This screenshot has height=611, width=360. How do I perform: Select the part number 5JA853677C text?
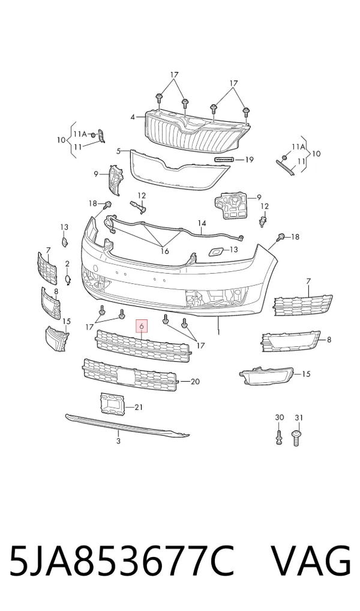coord(122,561)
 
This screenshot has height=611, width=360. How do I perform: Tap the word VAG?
coord(311,561)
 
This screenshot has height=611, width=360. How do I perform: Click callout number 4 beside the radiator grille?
coord(133,117)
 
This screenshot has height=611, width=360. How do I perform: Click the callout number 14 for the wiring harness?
coord(202,224)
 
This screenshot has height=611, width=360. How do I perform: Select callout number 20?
coord(195,382)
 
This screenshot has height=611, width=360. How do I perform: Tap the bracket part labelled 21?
coord(112,403)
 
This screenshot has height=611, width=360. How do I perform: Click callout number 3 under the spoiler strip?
coord(118,441)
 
